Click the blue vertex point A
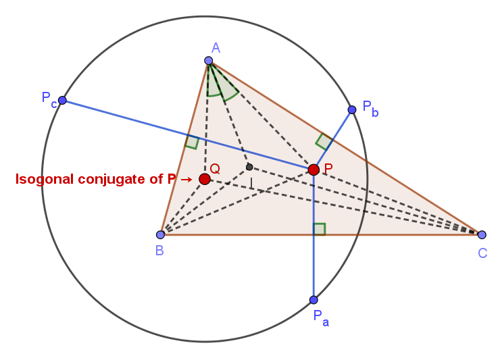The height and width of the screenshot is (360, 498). coord(208,61)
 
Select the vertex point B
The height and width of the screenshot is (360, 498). coord(160,234)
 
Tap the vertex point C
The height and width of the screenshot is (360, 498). coord(482,234)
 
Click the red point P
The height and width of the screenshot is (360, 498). coord(314,170)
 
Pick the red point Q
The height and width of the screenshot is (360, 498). coord(205,179)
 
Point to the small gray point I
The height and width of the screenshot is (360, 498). coord(249,167)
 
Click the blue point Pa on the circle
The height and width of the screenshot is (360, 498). coord(314,300)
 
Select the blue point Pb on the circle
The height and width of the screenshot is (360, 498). coord(351,109)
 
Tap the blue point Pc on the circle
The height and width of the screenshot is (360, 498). coord(62,101)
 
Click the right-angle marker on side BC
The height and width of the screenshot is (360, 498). coord(319,229)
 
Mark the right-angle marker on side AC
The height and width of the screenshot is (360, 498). coord(324,142)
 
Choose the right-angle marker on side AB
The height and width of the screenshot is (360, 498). coord(192,142)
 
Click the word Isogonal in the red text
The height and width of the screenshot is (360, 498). coord(45,180)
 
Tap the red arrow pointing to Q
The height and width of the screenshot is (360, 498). coord(186,180)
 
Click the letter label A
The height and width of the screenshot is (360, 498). coord(216,48)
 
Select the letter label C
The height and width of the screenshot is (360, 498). coord(482,253)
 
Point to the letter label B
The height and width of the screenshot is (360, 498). coord(159,251)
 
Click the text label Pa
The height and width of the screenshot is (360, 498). coord(321,317)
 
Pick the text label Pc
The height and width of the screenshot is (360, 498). coord(49,99)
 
